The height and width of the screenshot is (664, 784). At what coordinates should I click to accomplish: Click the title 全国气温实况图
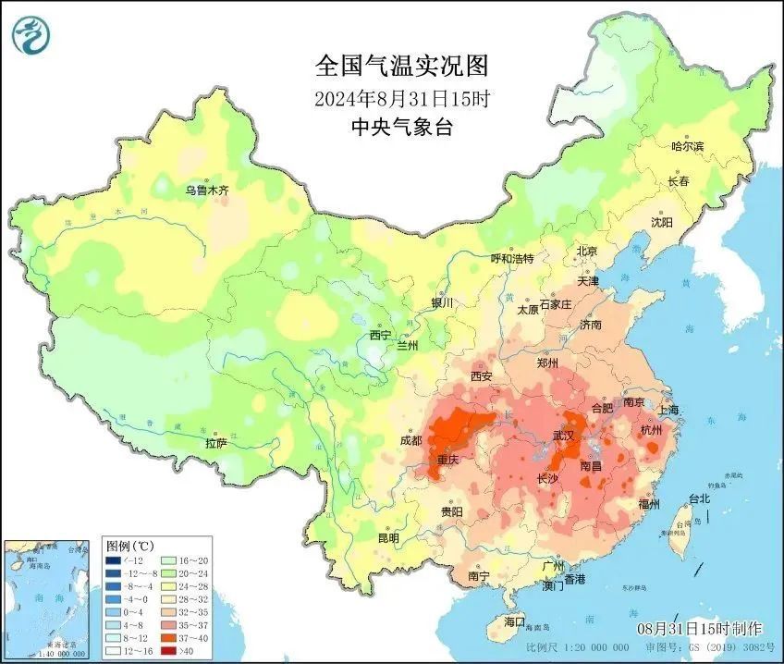tap(401, 66)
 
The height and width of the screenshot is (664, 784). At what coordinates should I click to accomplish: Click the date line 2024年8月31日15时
tap(401, 96)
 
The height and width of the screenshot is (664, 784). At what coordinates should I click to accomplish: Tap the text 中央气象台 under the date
tap(401, 128)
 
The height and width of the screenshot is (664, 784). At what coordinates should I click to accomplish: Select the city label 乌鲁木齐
tap(205, 190)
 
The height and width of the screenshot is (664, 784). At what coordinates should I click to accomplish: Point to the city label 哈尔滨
tap(687, 146)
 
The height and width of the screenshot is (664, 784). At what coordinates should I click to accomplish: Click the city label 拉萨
tap(215, 443)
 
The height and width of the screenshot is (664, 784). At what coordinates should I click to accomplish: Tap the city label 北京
tap(587, 251)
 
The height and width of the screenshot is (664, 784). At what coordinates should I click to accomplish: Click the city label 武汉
tap(564, 435)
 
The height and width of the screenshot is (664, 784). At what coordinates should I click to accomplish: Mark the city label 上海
tap(667, 410)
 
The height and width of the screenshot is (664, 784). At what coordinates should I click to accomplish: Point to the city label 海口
tap(513, 621)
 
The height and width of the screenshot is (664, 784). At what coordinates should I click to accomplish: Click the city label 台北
tap(698, 498)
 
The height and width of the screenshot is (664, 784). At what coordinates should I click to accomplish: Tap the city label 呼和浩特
tap(511, 259)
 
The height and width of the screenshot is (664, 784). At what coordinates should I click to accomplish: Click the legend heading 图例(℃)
tap(129, 545)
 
